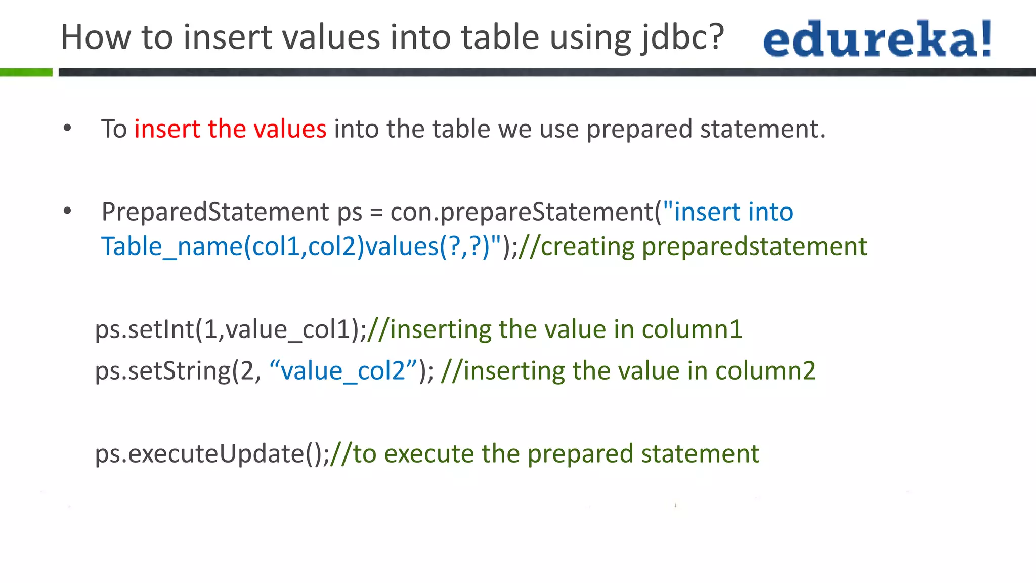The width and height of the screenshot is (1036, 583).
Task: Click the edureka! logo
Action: [877, 39]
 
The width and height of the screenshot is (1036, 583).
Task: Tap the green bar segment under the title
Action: [26, 72]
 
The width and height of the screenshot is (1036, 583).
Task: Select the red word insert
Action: [167, 129]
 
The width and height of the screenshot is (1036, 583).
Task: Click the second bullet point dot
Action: [67, 211]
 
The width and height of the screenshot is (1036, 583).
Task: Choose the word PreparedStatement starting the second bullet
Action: [215, 212]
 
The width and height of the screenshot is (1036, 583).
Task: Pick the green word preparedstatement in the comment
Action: [754, 246]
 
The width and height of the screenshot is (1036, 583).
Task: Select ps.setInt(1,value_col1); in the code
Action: [231, 329]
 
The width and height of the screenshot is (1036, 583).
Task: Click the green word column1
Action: [692, 329]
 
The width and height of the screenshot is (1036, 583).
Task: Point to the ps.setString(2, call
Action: [178, 371]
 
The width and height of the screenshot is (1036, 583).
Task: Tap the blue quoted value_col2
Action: [343, 371]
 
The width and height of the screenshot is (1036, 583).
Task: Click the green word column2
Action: [765, 371]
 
